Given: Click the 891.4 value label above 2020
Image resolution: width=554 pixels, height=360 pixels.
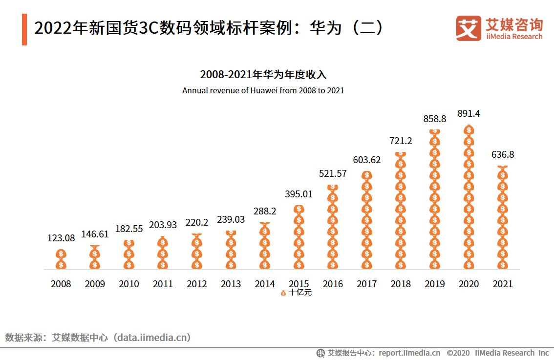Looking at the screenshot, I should (x=469, y=113).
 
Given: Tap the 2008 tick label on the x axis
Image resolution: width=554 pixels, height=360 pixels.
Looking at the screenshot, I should (x=61, y=284).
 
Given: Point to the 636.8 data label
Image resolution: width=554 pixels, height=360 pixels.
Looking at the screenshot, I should (x=502, y=154).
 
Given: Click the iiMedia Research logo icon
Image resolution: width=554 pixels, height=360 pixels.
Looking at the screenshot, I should (x=468, y=29).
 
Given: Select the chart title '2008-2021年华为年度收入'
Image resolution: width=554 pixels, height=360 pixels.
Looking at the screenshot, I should (x=263, y=75).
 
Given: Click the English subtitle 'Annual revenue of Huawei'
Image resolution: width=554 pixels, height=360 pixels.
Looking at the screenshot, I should (x=263, y=90).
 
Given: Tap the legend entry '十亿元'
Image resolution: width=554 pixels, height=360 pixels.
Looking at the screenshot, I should (x=297, y=293).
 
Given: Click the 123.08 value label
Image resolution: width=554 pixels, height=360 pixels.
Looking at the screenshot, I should (x=61, y=238).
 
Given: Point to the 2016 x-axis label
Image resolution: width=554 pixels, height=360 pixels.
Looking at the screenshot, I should (x=333, y=284).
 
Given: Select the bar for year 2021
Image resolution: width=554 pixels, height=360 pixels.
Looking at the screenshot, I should (x=502, y=217).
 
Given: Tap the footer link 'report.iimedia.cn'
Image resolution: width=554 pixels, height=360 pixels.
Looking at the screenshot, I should (x=409, y=353).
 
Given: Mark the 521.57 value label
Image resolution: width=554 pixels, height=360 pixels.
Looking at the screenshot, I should (x=333, y=173).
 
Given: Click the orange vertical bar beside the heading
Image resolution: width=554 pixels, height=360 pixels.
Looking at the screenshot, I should (x=24, y=29).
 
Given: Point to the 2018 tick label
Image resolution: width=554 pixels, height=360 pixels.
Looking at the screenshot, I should (x=401, y=284).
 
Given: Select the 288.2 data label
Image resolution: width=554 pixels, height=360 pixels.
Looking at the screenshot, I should (x=265, y=211).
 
